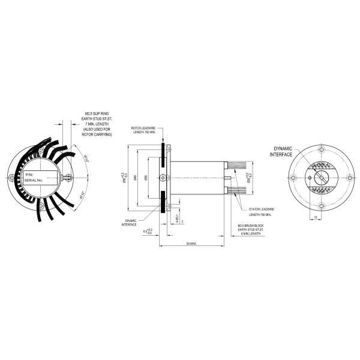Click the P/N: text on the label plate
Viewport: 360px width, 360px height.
click(x=29, y=174)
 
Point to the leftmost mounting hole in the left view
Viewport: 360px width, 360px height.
click(x=13, y=176)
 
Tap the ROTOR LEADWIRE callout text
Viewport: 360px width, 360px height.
click(x=146, y=130)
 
